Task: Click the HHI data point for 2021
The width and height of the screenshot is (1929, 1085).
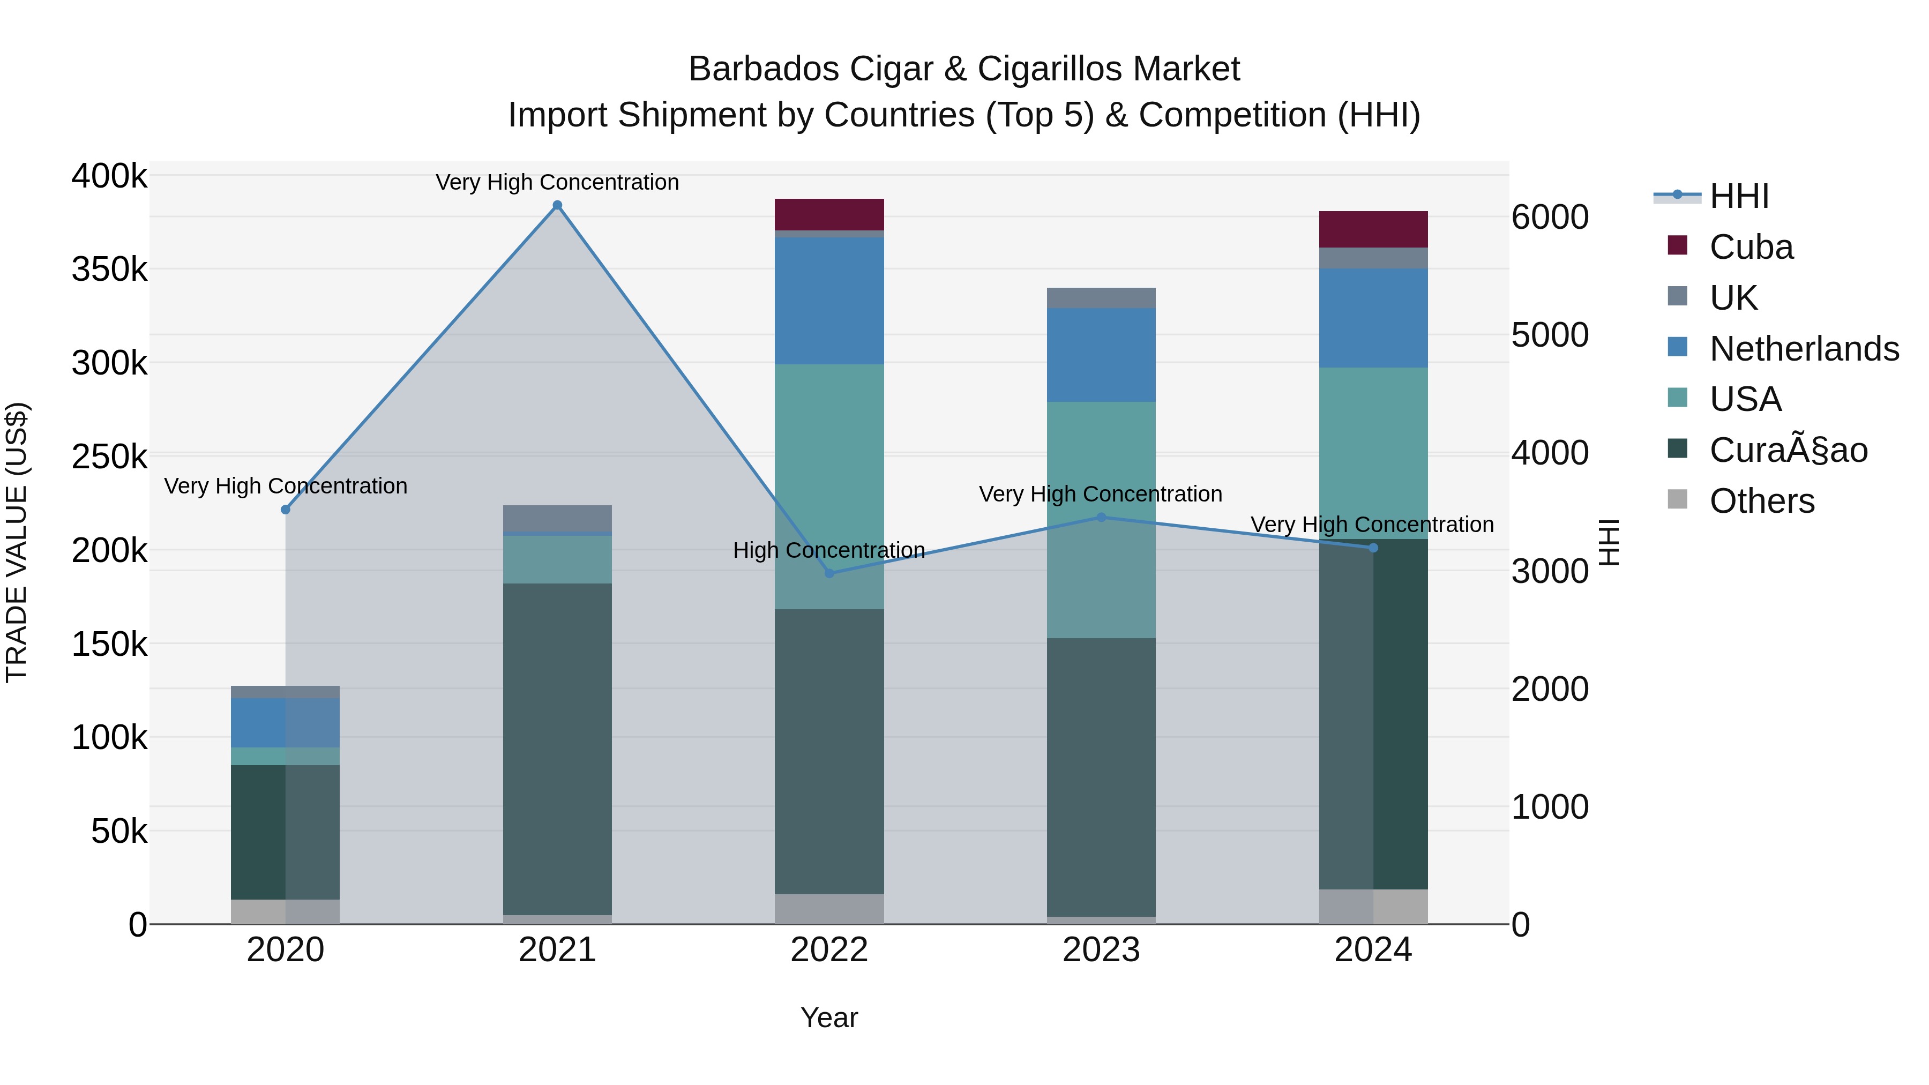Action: pyautogui.click(x=557, y=205)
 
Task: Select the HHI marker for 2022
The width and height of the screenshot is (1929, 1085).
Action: pyautogui.click(x=829, y=573)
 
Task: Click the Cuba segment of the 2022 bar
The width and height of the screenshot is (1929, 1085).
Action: pyautogui.click(x=829, y=215)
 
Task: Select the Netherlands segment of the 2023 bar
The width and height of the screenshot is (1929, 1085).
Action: pyautogui.click(x=1101, y=355)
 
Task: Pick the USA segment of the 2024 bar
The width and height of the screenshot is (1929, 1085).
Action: pyautogui.click(x=1373, y=453)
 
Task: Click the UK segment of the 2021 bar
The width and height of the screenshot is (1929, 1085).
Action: pyautogui.click(x=557, y=518)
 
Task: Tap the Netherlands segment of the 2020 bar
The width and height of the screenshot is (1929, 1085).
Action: pyautogui.click(x=285, y=723)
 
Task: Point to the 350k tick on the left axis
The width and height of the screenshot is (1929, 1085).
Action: pyautogui.click(x=109, y=270)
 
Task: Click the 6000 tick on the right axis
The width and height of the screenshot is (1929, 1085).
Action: pyautogui.click(x=1549, y=217)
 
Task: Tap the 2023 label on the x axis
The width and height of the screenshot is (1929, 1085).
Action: pyautogui.click(x=1101, y=950)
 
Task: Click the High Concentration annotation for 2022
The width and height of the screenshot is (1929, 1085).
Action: pyautogui.click(x=829, y=550)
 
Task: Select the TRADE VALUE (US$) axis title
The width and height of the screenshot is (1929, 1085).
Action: pyautogui.click(x=17, y=542)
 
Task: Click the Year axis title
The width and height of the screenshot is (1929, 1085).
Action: pyautogui.click(x=829, y=1017)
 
